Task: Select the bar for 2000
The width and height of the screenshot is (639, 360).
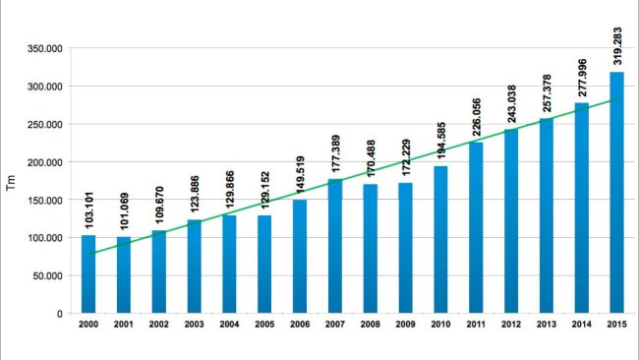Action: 88,274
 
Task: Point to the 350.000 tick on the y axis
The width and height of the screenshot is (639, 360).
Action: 42,48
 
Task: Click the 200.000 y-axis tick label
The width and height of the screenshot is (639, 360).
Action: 42,162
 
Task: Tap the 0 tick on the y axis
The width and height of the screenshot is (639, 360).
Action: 60,314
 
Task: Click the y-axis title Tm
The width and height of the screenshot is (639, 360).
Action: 11,181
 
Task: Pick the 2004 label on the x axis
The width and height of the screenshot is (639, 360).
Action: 229,326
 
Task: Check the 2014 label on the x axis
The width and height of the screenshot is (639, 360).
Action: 581,326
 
